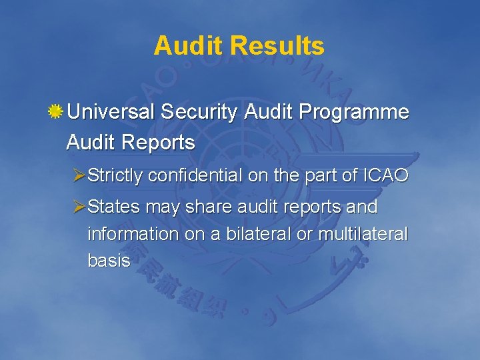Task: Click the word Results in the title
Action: [x=277, y=46]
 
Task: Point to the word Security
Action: [x=199, y=113]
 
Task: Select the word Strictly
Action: [x=115, y=175]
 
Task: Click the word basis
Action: [x=109, y=261]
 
